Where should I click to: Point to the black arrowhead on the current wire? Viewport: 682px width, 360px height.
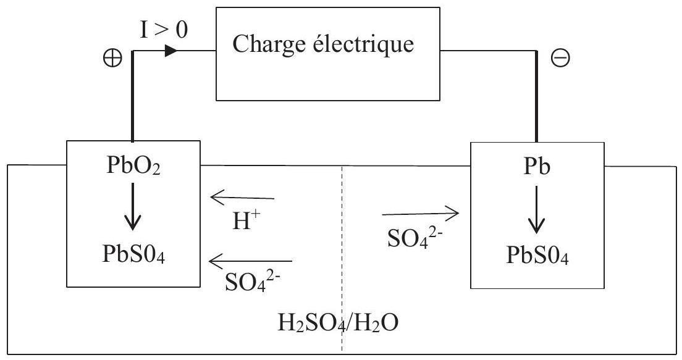[x=171, y=51]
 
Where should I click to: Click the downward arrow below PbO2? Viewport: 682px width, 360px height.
[x=133, y=210]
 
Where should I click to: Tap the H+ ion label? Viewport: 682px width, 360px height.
[x=242, y=220]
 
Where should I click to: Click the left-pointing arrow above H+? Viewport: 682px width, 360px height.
[x=242, y=198]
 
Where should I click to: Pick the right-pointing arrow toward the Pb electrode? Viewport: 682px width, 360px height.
[x=420, y=214]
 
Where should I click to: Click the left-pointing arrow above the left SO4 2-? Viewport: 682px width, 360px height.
[x=250, y=262]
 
